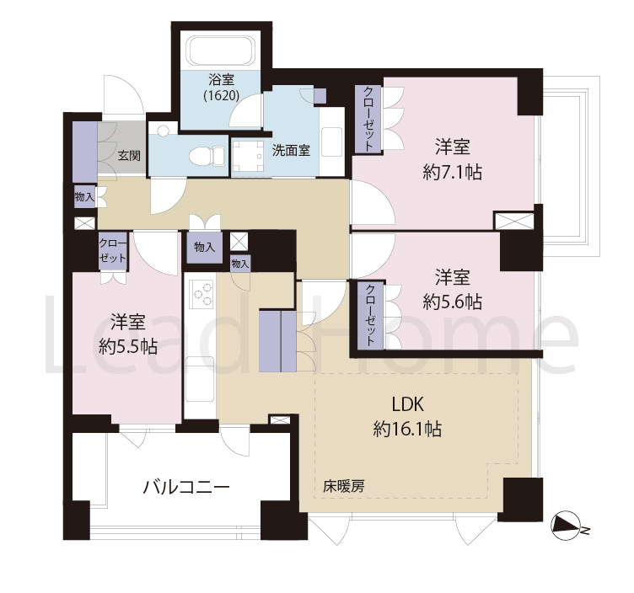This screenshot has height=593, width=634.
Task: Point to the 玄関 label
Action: (x=128, y=155)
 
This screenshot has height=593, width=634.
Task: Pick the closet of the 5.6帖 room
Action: (x=370, y=315)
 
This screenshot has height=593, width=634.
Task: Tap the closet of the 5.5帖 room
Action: (x=111, y=251)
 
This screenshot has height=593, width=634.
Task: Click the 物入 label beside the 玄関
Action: (x=84, y=197)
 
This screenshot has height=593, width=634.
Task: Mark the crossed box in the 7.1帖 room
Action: (x=513, y=222)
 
